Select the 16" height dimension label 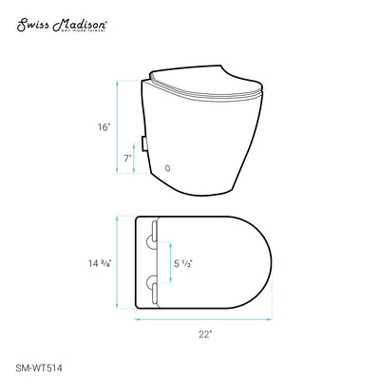coord(103,125)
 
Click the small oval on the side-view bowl coord(169,168)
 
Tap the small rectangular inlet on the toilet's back coord(142,143)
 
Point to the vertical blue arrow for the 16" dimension coord(118,127)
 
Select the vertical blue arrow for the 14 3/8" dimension coord(118,259)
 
